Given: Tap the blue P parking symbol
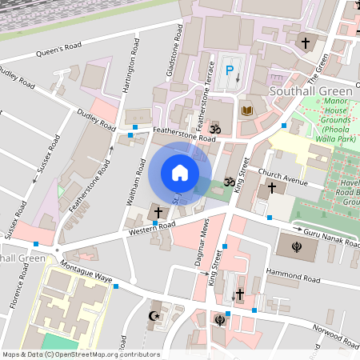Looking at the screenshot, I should (230, 71).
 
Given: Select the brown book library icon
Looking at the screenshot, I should (246, 110).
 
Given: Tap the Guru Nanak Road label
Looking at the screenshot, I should (327, 235).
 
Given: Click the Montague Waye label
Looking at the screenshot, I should (86, 273).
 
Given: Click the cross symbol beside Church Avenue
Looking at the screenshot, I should (272, 188).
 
